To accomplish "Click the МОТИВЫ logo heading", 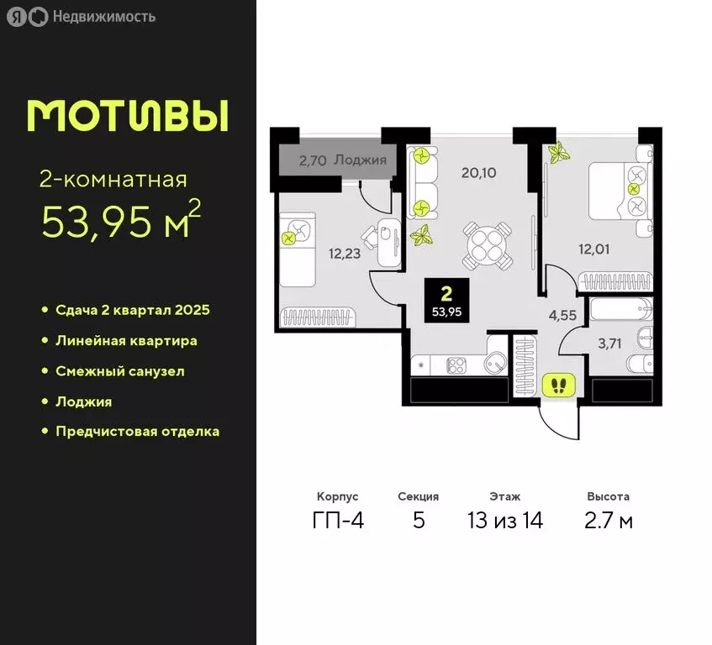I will [x=128, y=116].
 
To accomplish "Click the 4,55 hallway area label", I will [x=563, y=316].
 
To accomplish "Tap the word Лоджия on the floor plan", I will [x=360, y=159].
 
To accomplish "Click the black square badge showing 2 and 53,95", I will [x=446, y=300].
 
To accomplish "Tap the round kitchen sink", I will [x=494, y=364].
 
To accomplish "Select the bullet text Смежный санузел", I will [x=119, y=370].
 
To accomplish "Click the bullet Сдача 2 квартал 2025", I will [x=132, y=310].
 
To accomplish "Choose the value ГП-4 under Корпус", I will [x=338, y=521].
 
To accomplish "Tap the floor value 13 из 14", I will [x=505, y=521].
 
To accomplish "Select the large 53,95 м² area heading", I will [x=122, y=221].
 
